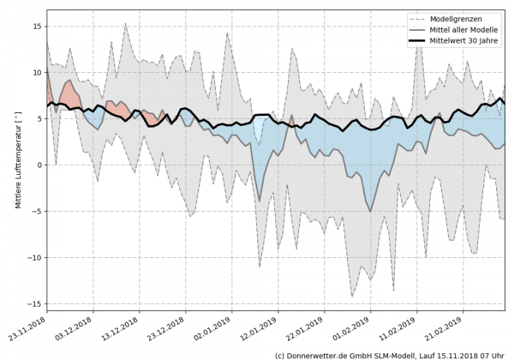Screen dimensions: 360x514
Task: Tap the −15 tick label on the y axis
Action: click(34, 304)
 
